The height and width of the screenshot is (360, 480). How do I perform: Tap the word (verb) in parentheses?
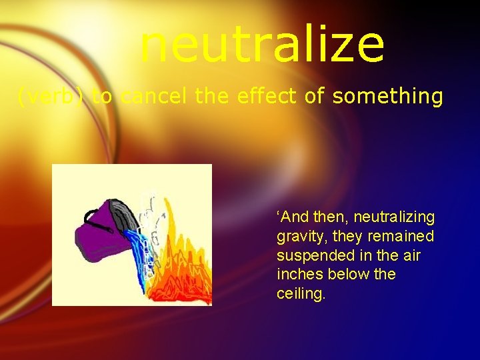(x=51, y=97)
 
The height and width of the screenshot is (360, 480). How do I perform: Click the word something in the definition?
(x=387, y=97)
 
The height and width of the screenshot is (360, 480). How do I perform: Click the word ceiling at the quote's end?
(x=301, y=294)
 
